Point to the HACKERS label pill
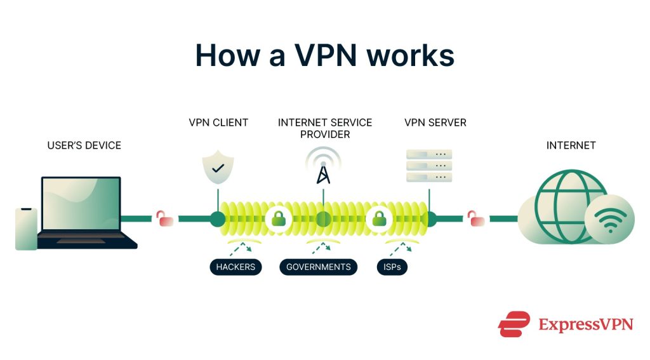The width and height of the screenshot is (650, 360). coord(235,267)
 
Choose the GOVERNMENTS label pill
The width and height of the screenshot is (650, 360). coord(319,267)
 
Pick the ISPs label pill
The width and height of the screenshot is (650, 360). coord(392,267)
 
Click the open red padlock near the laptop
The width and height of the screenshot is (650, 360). coord(165,218)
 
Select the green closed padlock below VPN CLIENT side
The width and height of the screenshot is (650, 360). coord(278,219)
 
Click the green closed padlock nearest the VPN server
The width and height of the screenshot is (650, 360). coord(379,219)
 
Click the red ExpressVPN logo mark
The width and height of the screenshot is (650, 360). coord(514,324)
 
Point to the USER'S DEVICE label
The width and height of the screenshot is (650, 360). coord(84,145)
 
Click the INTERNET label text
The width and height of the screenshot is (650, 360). coord(571,145)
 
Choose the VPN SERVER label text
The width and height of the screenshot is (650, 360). coord(435,122)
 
